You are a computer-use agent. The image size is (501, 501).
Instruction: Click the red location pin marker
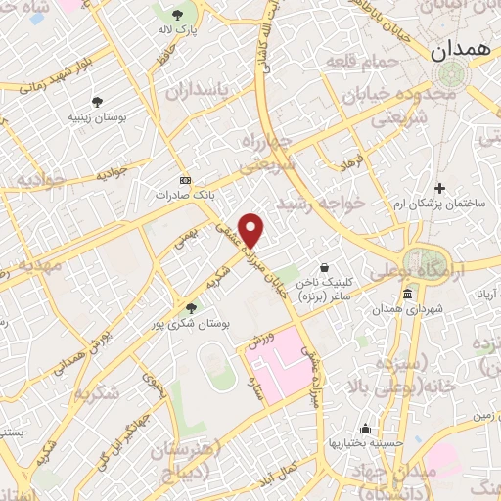252,231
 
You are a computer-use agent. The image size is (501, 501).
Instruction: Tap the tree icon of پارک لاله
177,15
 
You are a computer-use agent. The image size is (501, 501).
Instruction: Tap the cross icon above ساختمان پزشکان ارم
439,188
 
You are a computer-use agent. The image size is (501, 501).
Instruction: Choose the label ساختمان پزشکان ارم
437,205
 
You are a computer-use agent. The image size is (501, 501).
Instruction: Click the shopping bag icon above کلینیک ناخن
325,266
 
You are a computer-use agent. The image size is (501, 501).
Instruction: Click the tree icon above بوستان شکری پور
191,308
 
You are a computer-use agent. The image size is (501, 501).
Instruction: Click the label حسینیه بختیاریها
366,442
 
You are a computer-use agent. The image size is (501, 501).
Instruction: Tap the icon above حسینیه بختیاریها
365,428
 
